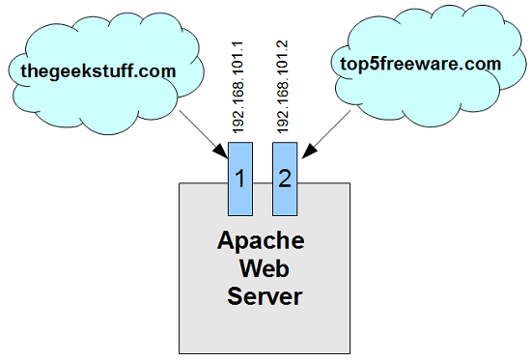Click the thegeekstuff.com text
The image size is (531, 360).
point(98,69)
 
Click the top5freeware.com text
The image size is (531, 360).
point(420,64)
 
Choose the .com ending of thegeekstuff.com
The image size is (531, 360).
point(156,69)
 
